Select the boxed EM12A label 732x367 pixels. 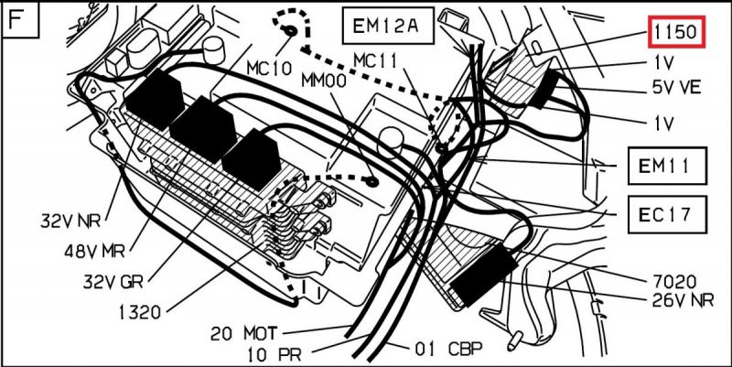coord(385,27)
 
